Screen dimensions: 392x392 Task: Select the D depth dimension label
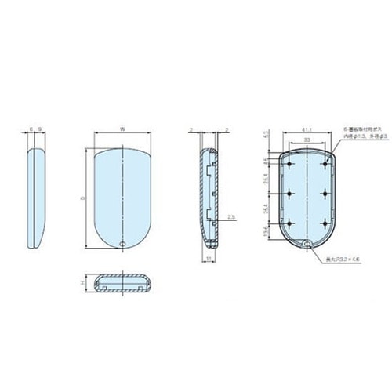pyautogui.click(x=84, y=199)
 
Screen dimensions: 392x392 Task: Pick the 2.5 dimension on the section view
pyautogui.click(x=230, y=216)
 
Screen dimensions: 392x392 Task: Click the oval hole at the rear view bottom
pyautogui.click(x=307, y=244)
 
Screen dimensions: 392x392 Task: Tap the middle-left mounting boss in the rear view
pyautogui.click(x=292, y=193)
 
